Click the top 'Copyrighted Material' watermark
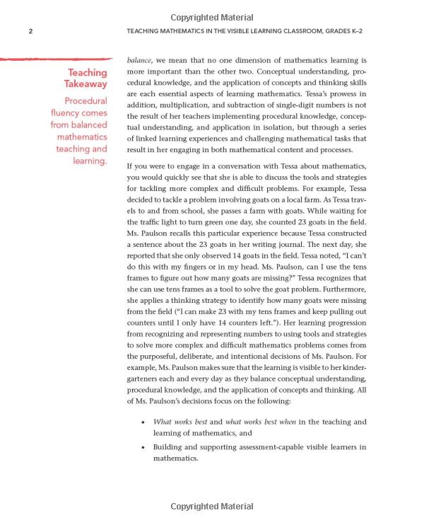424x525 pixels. point(211,18)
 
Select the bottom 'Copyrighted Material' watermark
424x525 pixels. point(211,507)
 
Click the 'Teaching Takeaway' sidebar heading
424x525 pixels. point(87,79)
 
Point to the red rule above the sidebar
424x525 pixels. point(56,59)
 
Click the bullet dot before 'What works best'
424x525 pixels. point(143,422)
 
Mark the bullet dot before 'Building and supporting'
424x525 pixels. point(143,448)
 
